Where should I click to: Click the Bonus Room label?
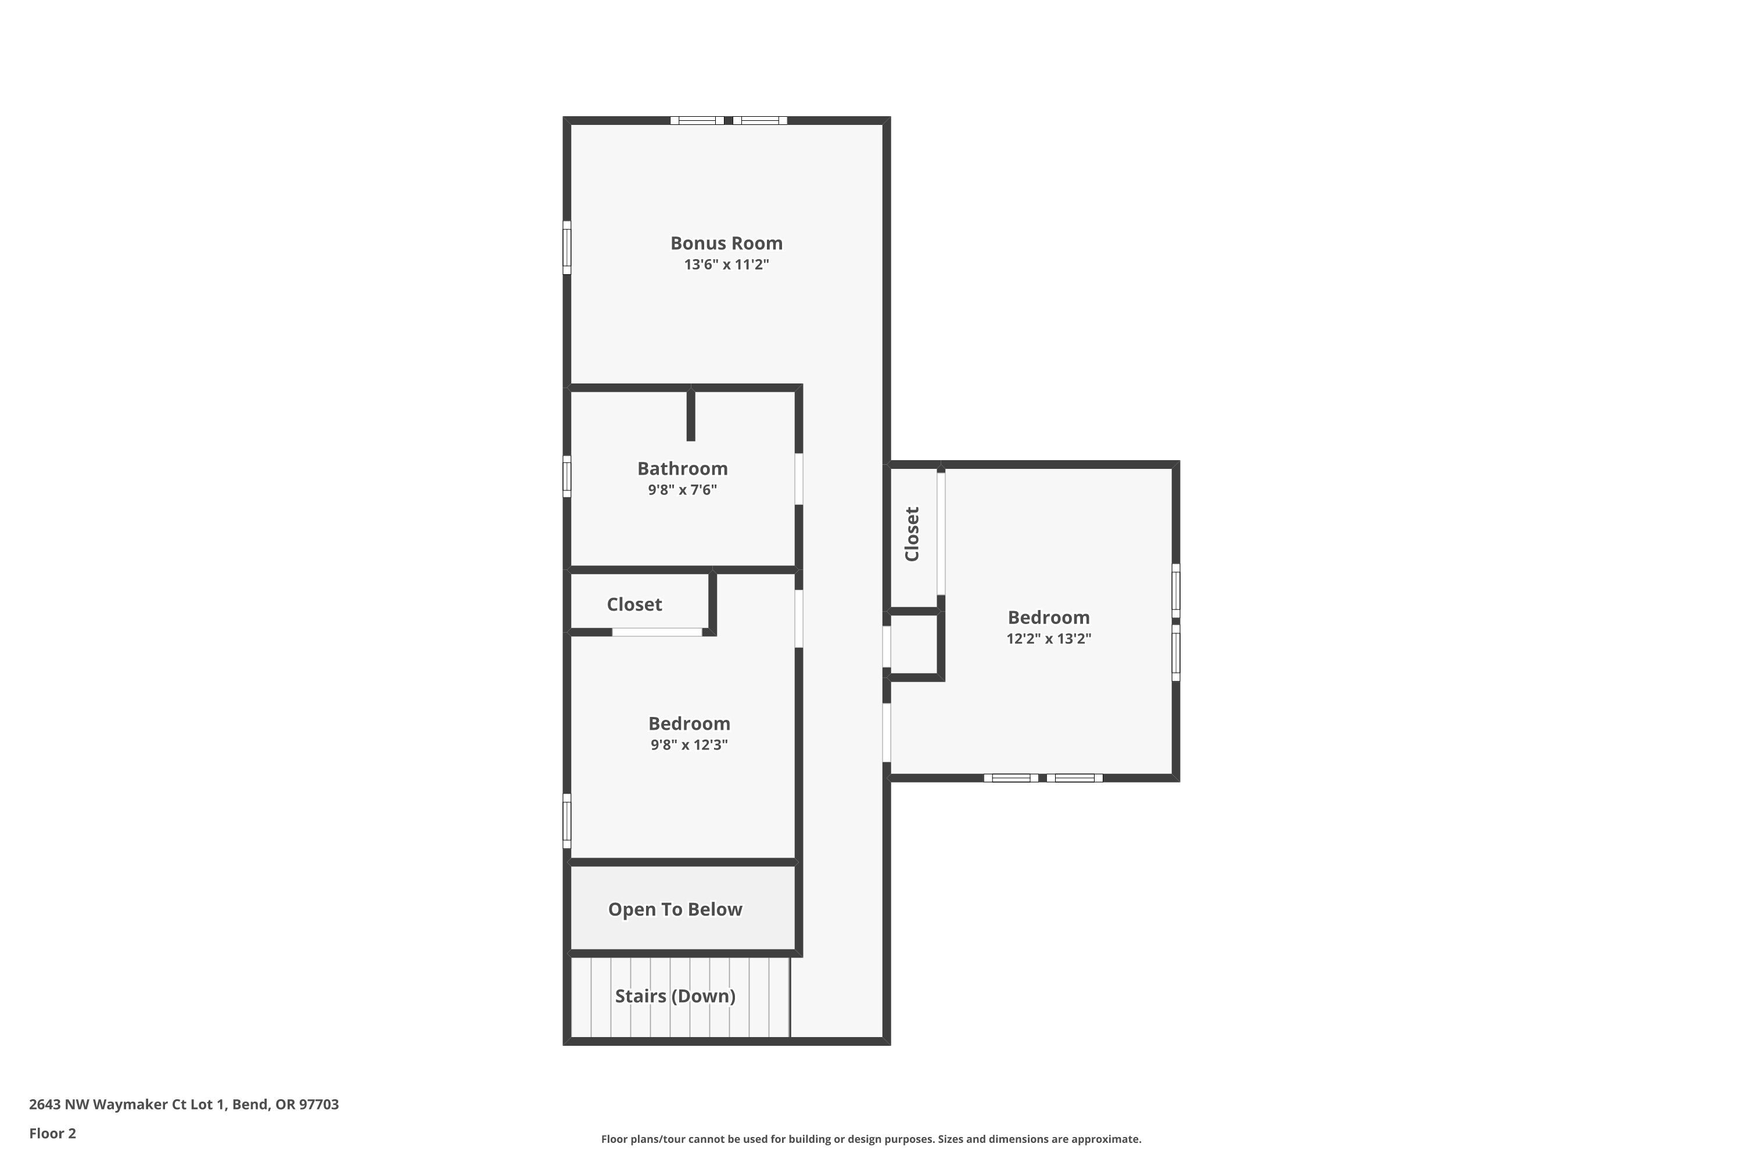[x=726, y=243]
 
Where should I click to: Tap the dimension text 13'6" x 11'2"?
[x=726, y=264]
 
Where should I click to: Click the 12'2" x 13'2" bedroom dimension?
[x=1048, y=639]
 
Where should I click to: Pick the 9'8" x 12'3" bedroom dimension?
[x=688, y=745]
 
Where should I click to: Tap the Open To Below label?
[x=675, y=909]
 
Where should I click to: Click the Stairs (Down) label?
[x=675, y=996]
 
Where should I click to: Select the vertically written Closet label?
[x=912, y=533]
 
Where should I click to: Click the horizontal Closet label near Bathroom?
[x=634, y=605]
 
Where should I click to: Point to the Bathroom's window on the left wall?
[x=567, y=476]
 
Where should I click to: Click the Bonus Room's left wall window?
[x=567, y=248]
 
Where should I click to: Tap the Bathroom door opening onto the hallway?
[x=799, y=479]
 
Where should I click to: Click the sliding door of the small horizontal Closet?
[x=657, y=632]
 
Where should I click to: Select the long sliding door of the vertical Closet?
[x=941, y=533]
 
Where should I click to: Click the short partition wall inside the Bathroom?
[x=691, y=415]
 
